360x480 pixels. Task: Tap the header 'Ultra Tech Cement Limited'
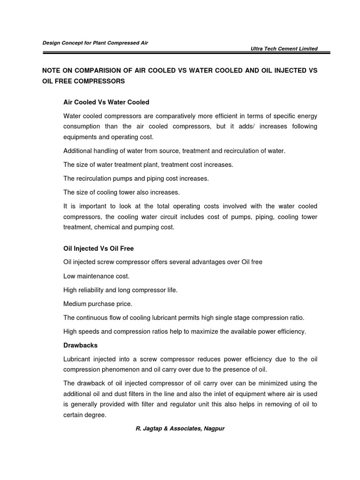[x=285, y=49]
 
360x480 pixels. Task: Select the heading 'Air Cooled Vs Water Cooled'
[x=106, y=102]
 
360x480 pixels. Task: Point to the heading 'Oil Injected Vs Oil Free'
[x=98, y=248]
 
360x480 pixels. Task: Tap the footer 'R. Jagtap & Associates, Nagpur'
[x=180, y=428]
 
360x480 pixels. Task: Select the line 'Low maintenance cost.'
[x=96, y=277]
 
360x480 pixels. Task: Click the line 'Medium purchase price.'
[x=97, y=304]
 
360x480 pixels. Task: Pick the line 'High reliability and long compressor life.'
[x=120, y=290]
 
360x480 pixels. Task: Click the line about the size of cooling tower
[x=121, y=192]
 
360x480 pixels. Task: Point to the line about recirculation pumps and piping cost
[x=136, y=179]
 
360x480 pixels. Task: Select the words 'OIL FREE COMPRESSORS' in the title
[x=83, y=81]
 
